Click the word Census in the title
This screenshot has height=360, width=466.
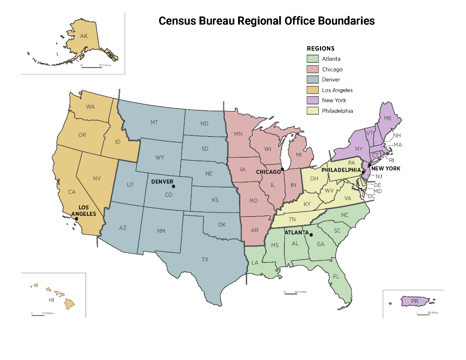click(x=177, y=21)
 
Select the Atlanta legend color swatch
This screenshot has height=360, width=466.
click(x=312, y=59)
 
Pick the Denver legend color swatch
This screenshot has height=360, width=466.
click(x=312, y=80)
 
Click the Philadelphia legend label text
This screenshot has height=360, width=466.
click(x=337, y=111)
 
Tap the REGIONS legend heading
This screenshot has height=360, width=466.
click(x=320, y=49)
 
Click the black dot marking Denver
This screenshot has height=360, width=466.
click(x=173, y=186)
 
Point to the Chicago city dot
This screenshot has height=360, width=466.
click(x=282, y=169)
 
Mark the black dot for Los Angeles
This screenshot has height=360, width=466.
click(x=76, y=219)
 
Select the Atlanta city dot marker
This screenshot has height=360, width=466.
click(x=311, y=235)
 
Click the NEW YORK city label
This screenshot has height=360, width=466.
click(x=386, y=169)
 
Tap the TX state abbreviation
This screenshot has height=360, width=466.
click(x=205, y=260)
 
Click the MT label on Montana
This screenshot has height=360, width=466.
click(x=154, y=122)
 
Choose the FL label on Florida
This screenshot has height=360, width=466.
click(x=336, y=277)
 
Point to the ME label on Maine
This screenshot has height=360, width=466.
click(x=388, y=118)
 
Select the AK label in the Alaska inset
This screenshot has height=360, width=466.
click(x=84, y=36)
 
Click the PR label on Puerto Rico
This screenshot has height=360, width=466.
click(x=415, y=301)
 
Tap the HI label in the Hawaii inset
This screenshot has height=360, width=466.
click(x=51, y=300)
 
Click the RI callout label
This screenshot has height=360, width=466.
click(x=391, y=160)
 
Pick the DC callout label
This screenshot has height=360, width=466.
click(x=372, y=196)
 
